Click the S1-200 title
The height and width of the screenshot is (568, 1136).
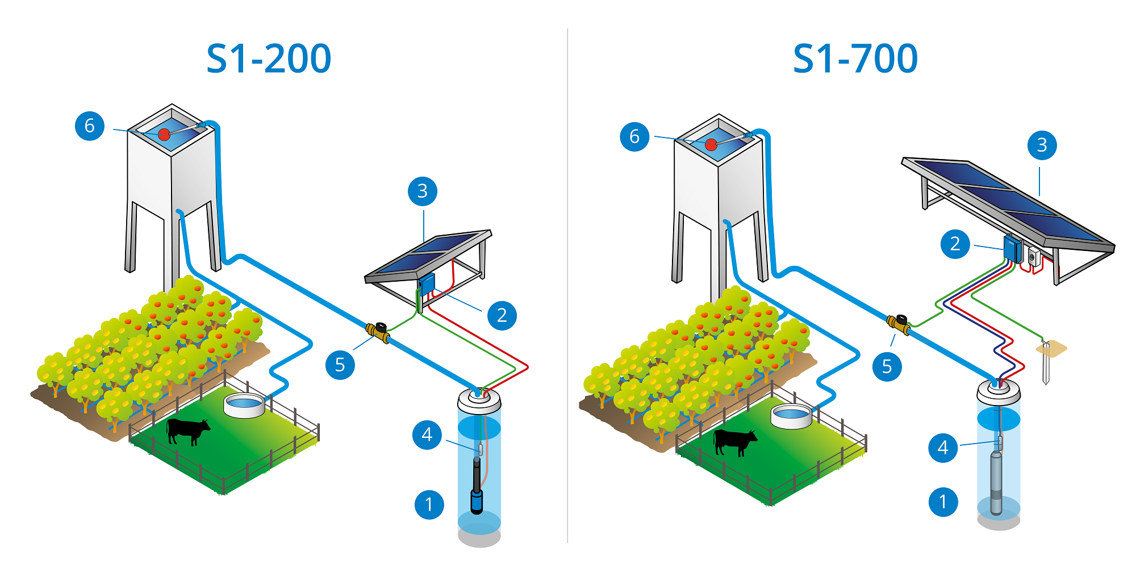click(269, 59)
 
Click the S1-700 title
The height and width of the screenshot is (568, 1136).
click(855, 59)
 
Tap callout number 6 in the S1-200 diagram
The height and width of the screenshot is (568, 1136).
click(90, 126)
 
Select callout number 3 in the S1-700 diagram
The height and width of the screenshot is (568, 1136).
click(1042, 145)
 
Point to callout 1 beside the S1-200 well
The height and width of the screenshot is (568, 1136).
click(429, 504)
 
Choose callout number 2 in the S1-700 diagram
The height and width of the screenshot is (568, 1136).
click(955, 244)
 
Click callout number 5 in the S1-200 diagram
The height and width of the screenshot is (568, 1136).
click(340, 365)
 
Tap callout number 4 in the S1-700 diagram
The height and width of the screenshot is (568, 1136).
click(943, 448)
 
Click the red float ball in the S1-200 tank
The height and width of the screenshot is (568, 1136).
click(164, 135)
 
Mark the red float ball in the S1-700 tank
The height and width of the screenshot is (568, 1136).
click(711, 145)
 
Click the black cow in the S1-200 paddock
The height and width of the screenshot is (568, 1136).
click(187, 431)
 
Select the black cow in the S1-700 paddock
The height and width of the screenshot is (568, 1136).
click(735, 442)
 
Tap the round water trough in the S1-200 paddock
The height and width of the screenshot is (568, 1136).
click(244, 405)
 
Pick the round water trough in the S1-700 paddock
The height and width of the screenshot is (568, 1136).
click(791, 416)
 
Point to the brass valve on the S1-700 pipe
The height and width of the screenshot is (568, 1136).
click(899, 324)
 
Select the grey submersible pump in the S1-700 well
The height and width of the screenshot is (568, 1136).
click(996, 483)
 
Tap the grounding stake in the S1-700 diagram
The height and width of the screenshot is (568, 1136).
click(1046, 363)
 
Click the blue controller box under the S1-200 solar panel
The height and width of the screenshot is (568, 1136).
click(427, 283)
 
